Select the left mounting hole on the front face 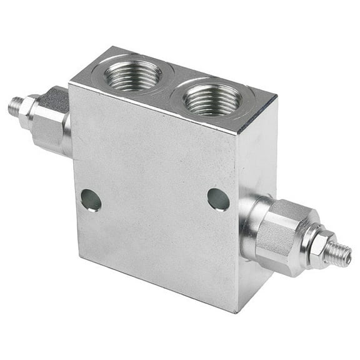tap(91, 200)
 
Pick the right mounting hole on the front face tap(218, 199)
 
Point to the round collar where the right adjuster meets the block tap(251, 222)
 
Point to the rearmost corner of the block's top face tap(113, 46)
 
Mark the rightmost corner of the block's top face tap(276, 97)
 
